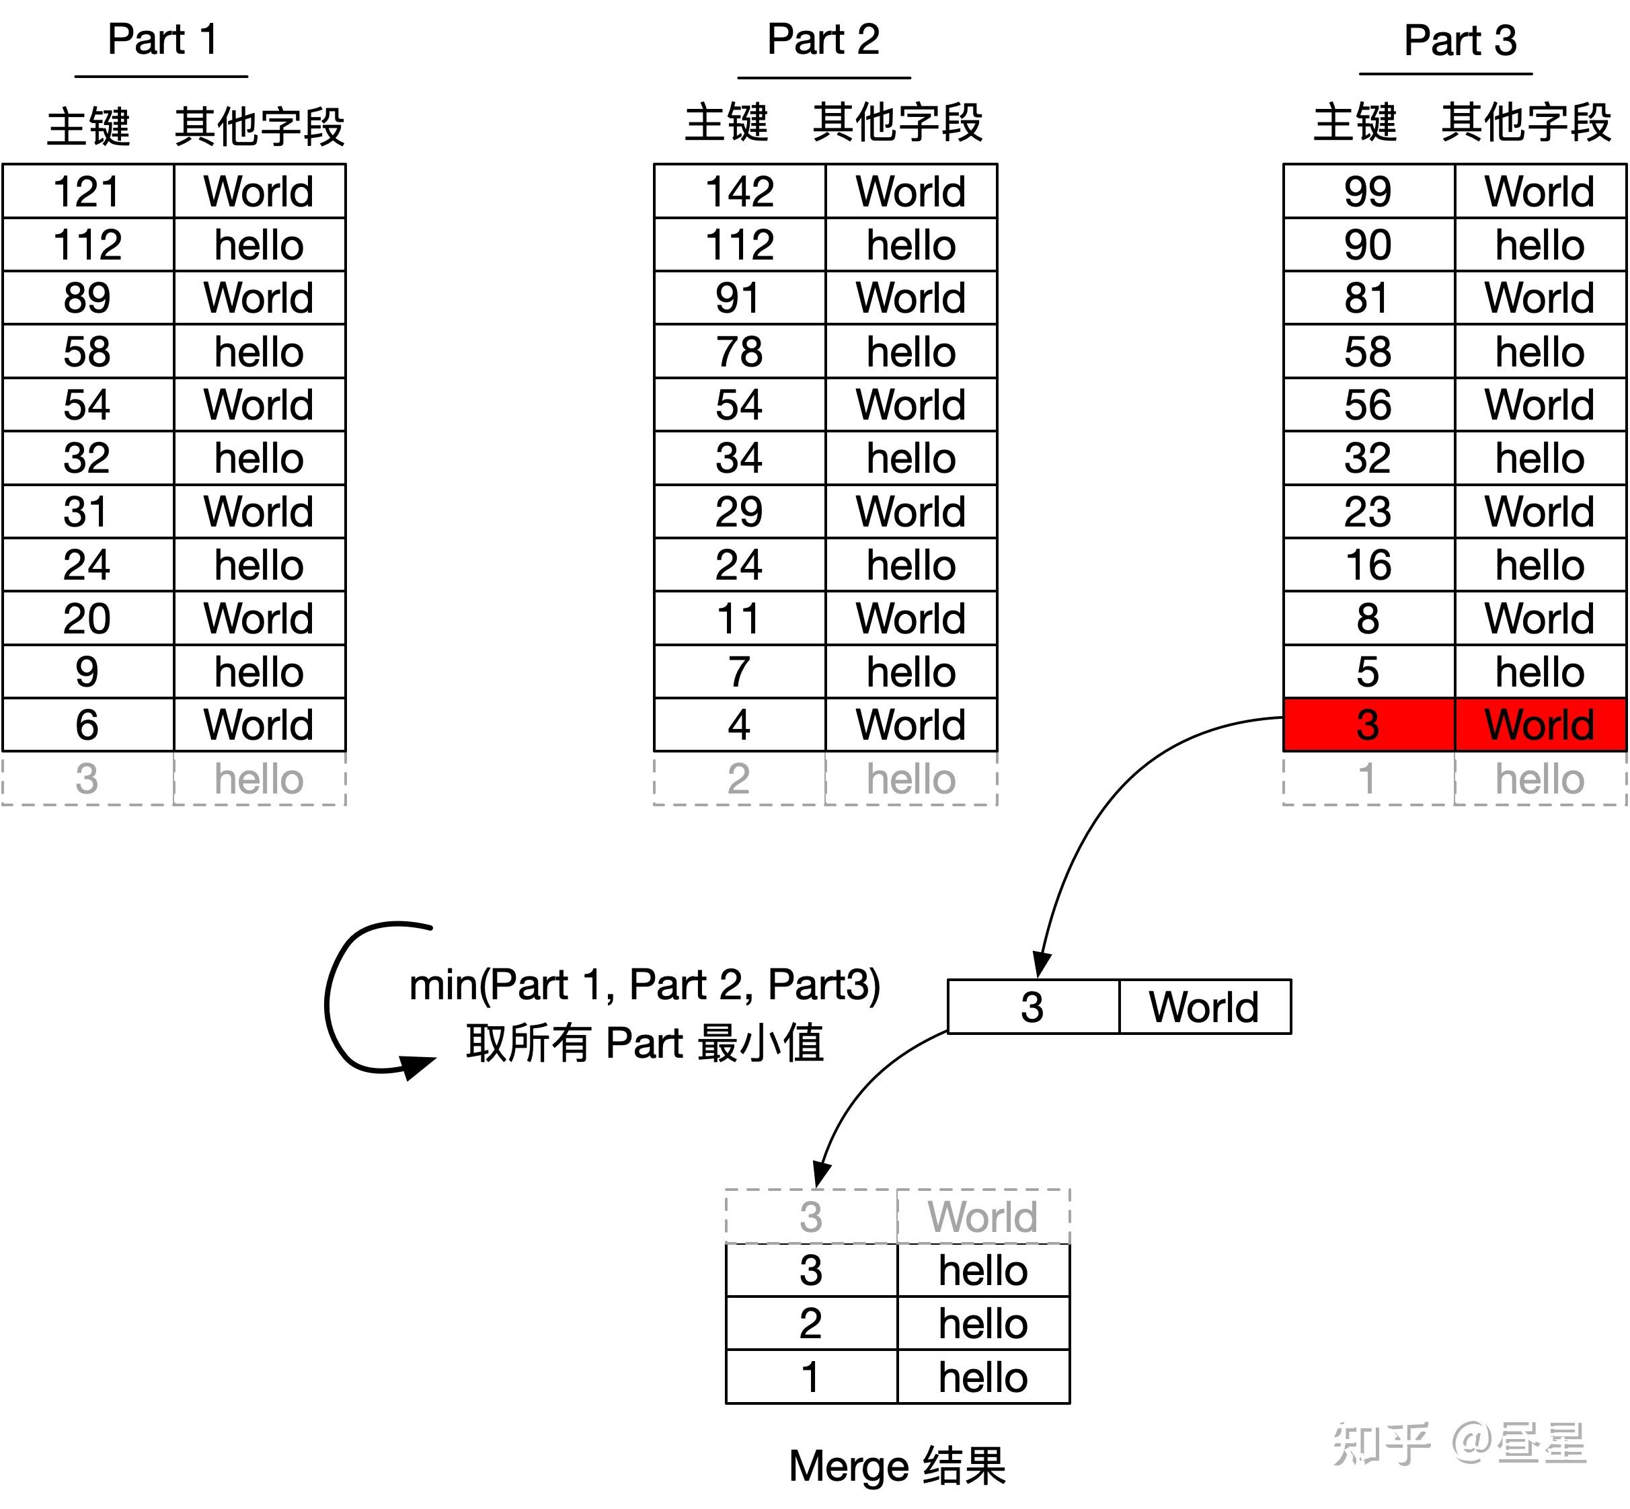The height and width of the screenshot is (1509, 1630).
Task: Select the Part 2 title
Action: [823, 40]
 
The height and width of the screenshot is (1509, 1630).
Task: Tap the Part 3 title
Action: [1459, 40]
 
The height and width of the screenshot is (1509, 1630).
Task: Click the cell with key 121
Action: [87, 192]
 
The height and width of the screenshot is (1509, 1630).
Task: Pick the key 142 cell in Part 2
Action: [739, 192]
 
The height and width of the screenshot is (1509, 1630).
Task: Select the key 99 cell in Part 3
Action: [1368, 192]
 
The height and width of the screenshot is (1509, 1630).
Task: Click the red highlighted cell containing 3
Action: [1368, 725]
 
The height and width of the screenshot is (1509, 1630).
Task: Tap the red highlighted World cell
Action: [1539, 725]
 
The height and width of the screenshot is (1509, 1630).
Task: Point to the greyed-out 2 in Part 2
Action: [739, 779]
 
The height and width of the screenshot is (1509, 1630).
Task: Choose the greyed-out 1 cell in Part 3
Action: [1368, 779]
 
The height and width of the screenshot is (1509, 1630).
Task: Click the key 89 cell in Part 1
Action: [87, 298]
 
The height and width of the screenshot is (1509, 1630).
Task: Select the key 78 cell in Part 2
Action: [739, 352]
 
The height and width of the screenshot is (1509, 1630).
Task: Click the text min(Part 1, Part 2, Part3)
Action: [644, 984]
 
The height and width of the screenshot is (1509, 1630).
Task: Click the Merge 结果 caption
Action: [896, 1466]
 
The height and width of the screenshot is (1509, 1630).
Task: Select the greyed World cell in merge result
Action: [982, 1216]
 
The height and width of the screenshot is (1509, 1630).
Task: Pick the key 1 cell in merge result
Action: [810, 1377]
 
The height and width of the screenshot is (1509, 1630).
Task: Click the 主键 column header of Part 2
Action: [726, 123]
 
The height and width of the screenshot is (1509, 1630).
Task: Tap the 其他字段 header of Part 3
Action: [1526, 123]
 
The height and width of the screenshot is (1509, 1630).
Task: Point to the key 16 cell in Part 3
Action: [1368, 565]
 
